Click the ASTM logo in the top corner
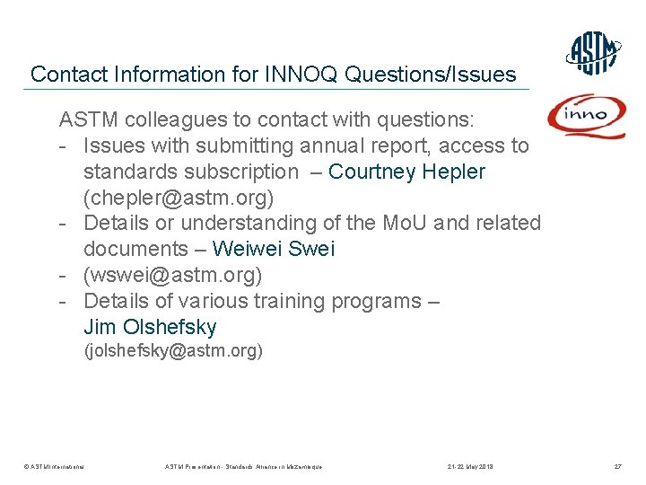pos(594,53)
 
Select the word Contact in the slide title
pos(65,75)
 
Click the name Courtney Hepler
pos(407,172)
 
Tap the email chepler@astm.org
pos(179,197)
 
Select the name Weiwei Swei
pos(273,249)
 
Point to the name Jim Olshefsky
pos(150,327)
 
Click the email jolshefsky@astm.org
pos(173,351)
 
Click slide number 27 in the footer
pos(617,467)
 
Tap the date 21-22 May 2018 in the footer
pos(470,467)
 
